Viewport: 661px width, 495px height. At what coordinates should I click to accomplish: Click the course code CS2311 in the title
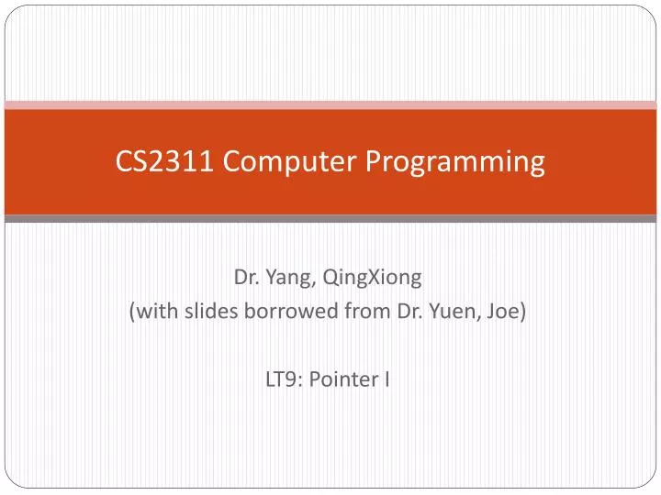[165, 161]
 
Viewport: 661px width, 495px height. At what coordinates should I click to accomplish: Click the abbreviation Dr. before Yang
[245, 276]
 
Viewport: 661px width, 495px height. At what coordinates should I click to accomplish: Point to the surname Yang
[283, 276]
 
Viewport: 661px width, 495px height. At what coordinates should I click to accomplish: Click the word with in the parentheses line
[158, 311]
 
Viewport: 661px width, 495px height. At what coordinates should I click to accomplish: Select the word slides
[210, 311]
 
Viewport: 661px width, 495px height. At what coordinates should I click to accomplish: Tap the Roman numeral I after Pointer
[387, 379]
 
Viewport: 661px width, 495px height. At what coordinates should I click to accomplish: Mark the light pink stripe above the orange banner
[330, 105]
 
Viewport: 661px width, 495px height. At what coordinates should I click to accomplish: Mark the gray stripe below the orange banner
[330, 219]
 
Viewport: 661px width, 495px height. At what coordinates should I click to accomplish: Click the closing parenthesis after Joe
[523, 311]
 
